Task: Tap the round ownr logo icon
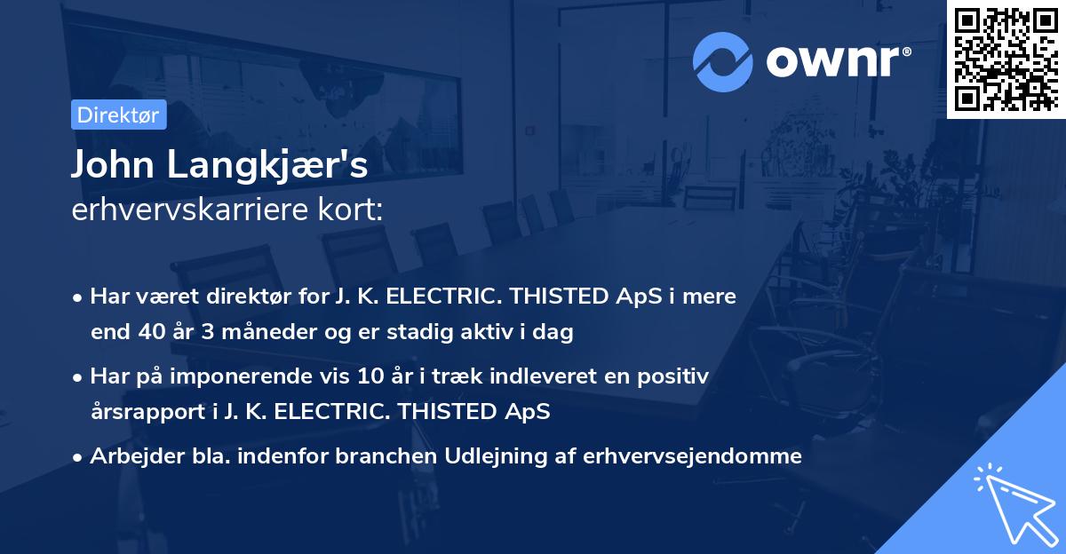[721, 61]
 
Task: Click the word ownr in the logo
[835, 61]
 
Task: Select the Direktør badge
[118, 115]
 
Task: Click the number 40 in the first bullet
[147, 333]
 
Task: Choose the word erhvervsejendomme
[692, 456]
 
